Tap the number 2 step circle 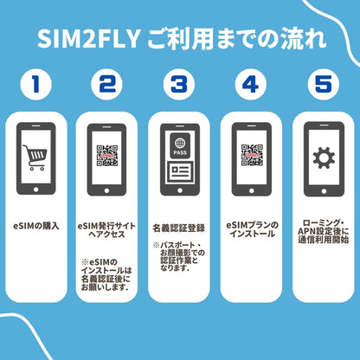pyautogui.click(x=108, y=85)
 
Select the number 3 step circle pyautogui.click(x=179, y=85)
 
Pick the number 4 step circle pyautogui.click(x=251, y=85)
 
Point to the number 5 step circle pyautogui.click(x=322, y=85)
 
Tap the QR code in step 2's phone pyautogui.click(x=108, y=157)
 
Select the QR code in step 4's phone pyautogui.click(x=251, y=157)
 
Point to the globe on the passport pyautogui.click(x=179, y=145)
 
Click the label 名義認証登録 pyautogui.click(x=179, y=228)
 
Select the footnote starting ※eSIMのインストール pyautogui.click(x=108, y=274)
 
